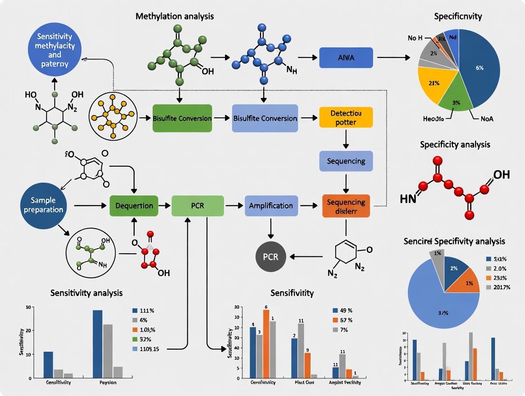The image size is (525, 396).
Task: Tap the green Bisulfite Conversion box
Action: click(182, 118)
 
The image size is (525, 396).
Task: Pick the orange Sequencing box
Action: click(346, 206)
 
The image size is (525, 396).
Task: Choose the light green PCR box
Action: click(197, 206)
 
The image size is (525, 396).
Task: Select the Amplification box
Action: click(271, 206)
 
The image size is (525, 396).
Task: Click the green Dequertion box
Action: click(134, 206)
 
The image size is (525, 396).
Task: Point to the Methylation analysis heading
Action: click(175, 16)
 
